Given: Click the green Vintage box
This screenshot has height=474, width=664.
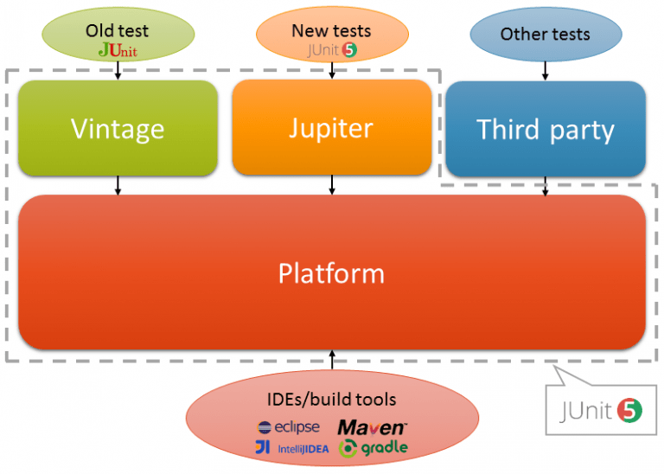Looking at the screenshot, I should [118, 128].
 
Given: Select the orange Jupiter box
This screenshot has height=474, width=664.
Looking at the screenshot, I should [331, 128].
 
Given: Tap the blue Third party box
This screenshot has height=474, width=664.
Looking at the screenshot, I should [546, 129].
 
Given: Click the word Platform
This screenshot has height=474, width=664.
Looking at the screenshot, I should [331, 273].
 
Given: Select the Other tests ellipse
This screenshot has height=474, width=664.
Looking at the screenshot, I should [545, 35].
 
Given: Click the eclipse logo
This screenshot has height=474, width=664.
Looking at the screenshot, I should [289, 427].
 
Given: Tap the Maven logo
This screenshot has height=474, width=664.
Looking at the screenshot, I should [372, 427].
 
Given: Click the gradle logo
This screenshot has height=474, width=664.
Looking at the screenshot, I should [373, 448].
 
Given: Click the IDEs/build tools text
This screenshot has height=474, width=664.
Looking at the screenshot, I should [331, 400].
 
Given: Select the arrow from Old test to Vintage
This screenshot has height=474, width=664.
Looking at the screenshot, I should [118, 72].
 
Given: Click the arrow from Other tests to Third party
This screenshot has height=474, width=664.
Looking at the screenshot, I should [545, 71].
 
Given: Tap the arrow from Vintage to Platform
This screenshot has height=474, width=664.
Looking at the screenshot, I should [118, 185].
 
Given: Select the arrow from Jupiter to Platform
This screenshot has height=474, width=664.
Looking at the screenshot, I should [331, 184].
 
